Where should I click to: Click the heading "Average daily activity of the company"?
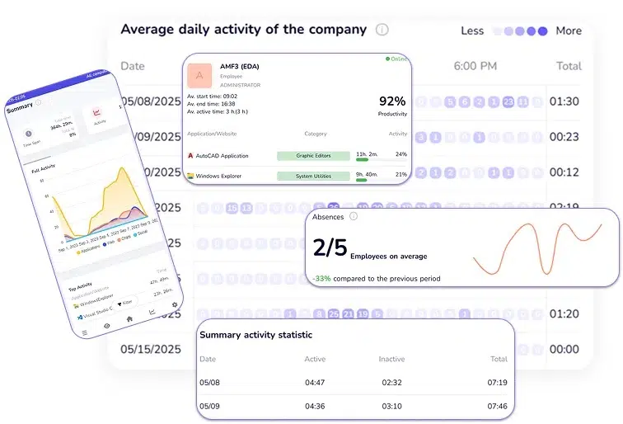tap(243, 29)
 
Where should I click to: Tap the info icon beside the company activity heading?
tap(382, 30)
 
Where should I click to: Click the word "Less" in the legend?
tap(472, 31)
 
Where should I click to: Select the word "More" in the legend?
tap(569, 31)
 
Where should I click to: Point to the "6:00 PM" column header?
tap(476, 66)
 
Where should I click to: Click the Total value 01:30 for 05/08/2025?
tap(564, 102)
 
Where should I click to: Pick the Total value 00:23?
tap(564, 138)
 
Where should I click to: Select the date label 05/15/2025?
tap(151, 349)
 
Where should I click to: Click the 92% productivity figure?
tap(392, 101)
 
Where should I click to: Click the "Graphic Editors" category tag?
tap(312, 154)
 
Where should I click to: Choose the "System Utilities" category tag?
tap(312, 175)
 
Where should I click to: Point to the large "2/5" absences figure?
tap(330, 248)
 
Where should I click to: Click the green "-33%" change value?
tap(321, 279)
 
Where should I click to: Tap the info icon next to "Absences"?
tap(354, 216)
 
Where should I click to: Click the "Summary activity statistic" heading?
tap(255, 335)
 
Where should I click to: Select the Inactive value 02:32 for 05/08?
tap(391, 383)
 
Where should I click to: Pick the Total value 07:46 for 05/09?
tap(499, 406)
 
